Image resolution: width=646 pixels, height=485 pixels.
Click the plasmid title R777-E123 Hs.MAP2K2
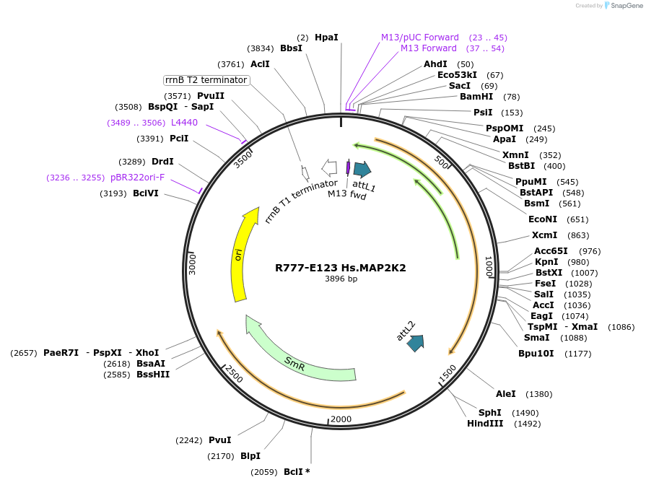341,268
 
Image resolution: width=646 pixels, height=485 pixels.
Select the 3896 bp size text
341,279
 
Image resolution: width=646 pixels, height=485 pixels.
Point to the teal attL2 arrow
415,343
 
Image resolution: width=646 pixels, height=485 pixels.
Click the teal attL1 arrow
362,170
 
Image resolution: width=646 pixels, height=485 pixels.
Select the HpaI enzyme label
326,37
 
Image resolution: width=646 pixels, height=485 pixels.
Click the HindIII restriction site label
485,424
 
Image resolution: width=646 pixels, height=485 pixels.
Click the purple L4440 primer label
184,123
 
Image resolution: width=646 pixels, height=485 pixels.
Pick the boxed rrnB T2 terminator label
206,80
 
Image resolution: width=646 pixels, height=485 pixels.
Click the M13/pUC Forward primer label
420,38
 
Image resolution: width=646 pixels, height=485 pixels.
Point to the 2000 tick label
341,419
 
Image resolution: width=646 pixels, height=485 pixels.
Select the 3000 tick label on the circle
193,263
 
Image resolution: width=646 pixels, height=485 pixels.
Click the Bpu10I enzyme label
536,354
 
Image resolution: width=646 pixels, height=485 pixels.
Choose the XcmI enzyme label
545,235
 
